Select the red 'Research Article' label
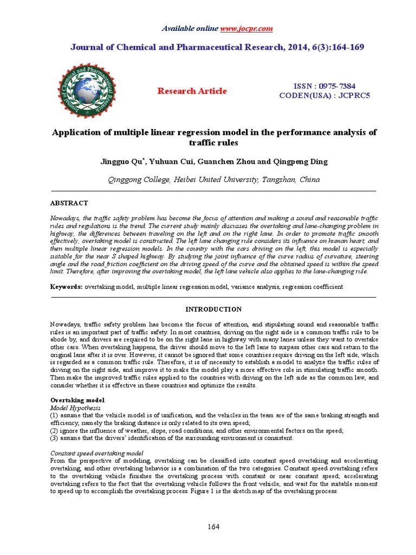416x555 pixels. tap(192, 91)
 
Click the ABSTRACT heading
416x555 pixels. tap(69, 203)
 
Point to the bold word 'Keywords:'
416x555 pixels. tap(66, 287)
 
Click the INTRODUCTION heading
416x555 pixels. tap(213, 309)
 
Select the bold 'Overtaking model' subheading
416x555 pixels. tap(76, 399)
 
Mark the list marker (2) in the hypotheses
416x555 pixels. tap(54, 430)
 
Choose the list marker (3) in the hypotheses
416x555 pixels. tap(54, 438)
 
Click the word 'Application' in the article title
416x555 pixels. tap(75, 133)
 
